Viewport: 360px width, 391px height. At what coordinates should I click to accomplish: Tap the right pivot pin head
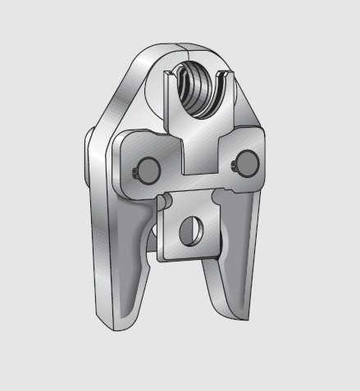(x=247, y=158)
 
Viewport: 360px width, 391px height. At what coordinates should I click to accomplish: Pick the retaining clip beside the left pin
(x=134, y=171)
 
